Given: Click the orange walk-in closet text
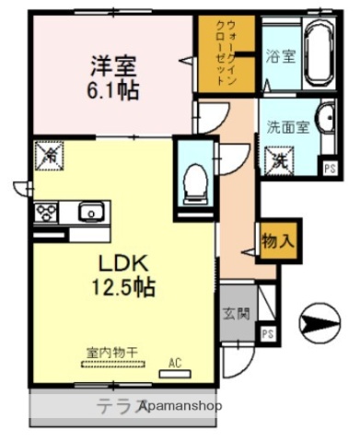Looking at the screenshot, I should pyautogui.click(x=226, y=53).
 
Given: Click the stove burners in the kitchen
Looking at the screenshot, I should pyautogui.click(x=46, y=213).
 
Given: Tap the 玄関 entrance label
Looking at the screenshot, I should pyautogui.click(x=235, y=313).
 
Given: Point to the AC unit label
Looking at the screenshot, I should pyautogui.click(x=174, y=362).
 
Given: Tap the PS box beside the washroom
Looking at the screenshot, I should pyautogui.click(x=329, y=167).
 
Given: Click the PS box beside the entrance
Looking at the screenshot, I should pyautogui.click(x=268, y=333).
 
